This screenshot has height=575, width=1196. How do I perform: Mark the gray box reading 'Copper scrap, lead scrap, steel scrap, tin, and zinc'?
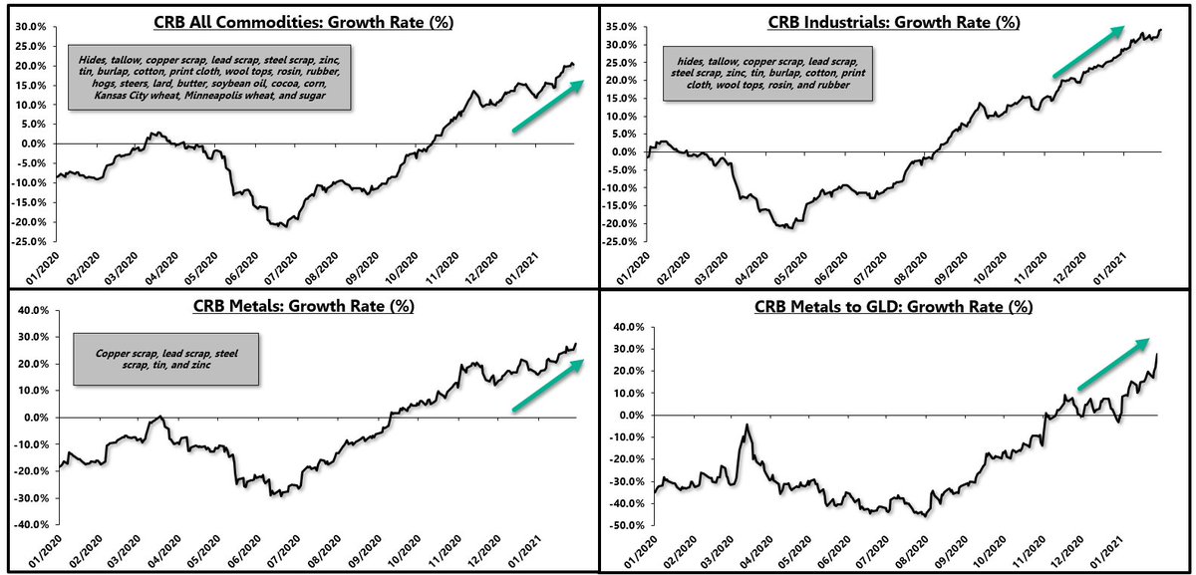coord(166,360)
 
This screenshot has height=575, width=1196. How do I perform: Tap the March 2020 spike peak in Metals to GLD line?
coord(746,425)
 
